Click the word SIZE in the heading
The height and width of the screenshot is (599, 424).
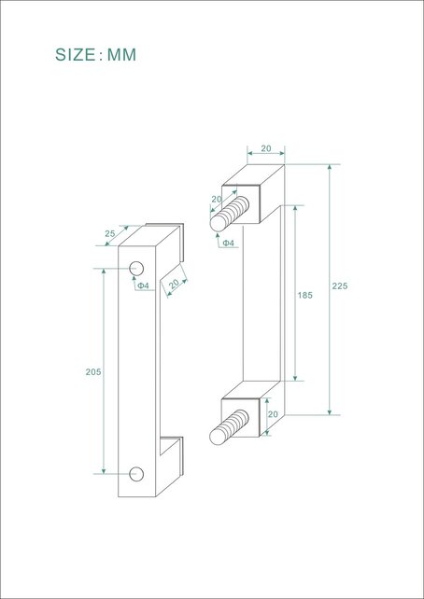(x=76, y=55)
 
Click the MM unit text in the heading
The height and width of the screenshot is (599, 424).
(x=121, y=55)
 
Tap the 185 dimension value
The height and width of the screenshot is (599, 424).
(x=304, y=295)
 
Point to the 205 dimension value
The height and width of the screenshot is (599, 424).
(x=92, y=371)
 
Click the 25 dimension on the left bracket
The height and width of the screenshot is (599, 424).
(x=111, y=233)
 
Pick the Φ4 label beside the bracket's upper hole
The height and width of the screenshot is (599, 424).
(x=144, y=286)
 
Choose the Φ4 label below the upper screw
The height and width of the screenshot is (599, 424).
(x=227, y=244)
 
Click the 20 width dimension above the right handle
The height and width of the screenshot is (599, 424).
(x=265, y=147)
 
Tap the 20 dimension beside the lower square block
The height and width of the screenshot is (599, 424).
(x=274, y=413)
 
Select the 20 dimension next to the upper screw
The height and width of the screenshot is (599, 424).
(x=216, y=200)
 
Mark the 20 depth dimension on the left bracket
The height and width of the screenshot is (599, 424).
(x=174, y=284)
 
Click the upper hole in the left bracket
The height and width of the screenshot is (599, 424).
(x=136, y=270)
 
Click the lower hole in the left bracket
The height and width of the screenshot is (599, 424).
(x=136, y=473)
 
